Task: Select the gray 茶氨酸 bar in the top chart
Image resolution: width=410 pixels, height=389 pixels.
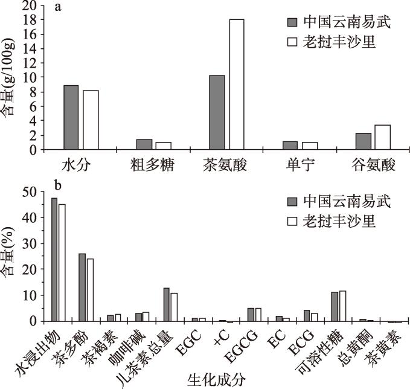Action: click(x=216, y=112)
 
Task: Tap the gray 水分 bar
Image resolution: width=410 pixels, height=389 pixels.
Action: click(x=71, y=117)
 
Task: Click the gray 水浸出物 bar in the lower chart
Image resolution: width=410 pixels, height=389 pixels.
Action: click(x=54, y=260)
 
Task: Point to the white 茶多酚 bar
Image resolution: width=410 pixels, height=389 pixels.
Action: click(x=90, y=290)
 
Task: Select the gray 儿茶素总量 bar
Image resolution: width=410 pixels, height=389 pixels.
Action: click(x=167, y=304)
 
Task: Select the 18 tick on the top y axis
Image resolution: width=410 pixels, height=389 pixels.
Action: click(x=27, y=20)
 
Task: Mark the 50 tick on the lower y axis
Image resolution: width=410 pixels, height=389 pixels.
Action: click(x=27, y=192)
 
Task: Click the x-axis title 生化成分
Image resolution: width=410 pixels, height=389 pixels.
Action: click(x=205, y=379)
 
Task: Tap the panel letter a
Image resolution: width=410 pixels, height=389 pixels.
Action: click(x=58, y=8)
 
